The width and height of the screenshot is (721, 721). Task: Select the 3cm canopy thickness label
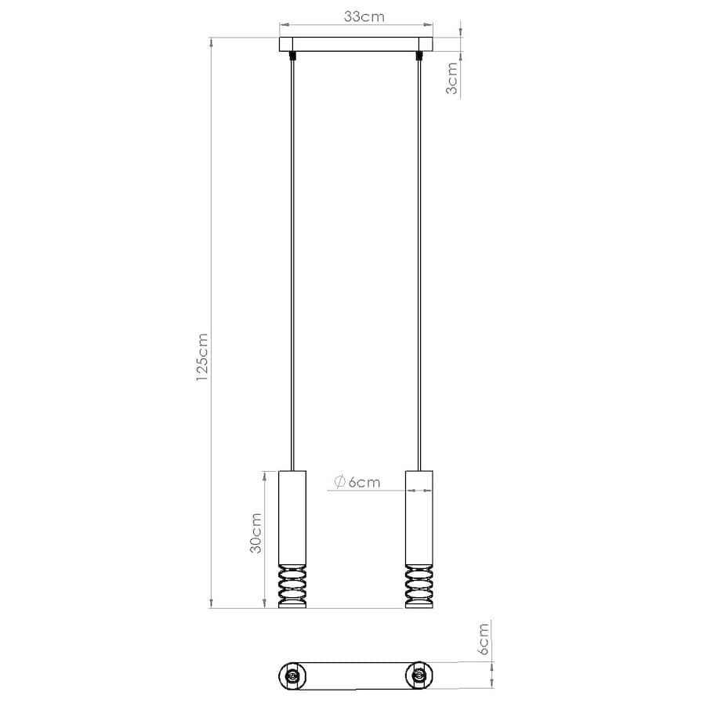[452, 78]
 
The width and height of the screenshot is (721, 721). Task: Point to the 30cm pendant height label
[255, 533]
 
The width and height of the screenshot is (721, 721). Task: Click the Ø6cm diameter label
[357, 482]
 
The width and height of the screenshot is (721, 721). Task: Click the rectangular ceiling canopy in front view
[356, 45]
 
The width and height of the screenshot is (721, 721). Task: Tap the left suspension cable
[293, 259]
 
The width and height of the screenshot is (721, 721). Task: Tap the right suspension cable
[419, 259]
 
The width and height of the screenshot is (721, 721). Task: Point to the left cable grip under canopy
[293, 56]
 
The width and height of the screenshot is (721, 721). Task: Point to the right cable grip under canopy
[419, 56]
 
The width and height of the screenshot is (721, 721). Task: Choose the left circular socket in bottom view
[293, 676]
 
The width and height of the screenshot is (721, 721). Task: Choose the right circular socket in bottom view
[419, 676]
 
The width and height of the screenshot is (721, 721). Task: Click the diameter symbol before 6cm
[339, 482]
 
